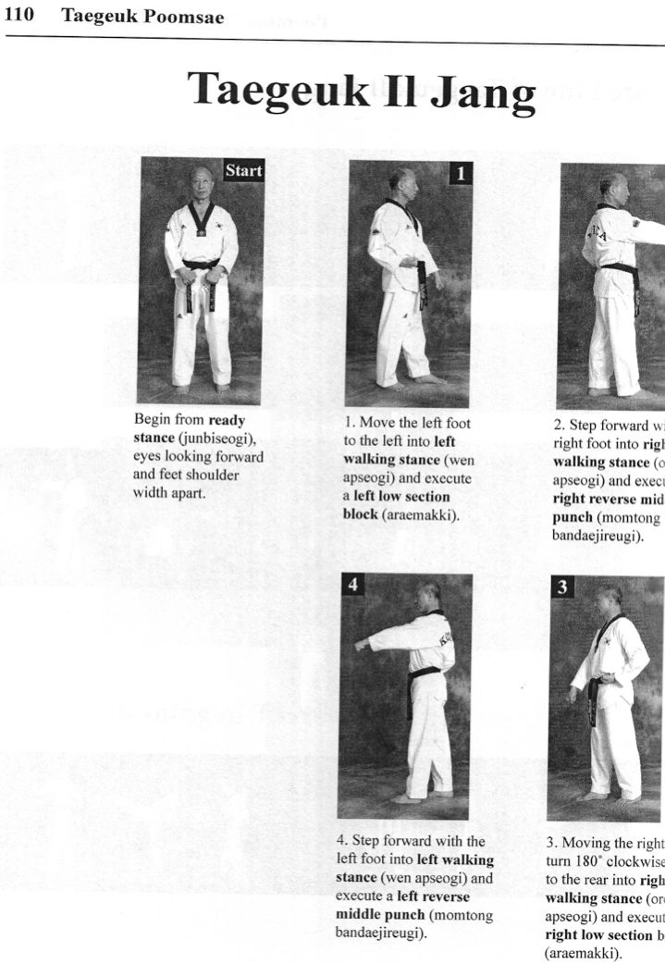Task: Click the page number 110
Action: click(19, 17)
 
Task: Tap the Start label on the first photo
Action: click(244, 170)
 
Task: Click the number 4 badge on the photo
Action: click(351, 586)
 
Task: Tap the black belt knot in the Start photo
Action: click(201, 265)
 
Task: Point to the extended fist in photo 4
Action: click(361, 645)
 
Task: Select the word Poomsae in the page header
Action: click(189, 17)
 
